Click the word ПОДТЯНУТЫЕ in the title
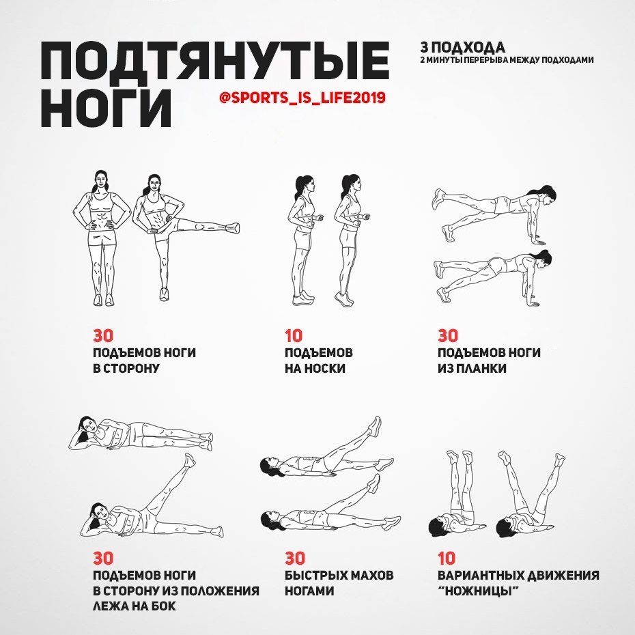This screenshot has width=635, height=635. pos(215,61)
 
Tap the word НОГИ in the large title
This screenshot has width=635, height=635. pos(106,107)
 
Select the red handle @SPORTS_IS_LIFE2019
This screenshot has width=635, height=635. pos(302,98)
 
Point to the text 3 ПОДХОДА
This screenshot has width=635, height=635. pos(462,48)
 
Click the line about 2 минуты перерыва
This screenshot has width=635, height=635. pos(507,60)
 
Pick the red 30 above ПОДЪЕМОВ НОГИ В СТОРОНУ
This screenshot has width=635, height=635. pos(103,336)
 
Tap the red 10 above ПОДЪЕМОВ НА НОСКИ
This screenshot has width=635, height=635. pos(294,336)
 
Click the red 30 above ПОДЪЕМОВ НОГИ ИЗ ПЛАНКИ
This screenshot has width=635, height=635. pos(448,336)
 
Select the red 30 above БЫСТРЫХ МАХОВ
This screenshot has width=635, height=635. pos(295,559)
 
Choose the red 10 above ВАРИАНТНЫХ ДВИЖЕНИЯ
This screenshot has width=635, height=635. pos(447,559)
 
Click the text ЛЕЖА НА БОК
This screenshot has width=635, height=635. pos(135,606)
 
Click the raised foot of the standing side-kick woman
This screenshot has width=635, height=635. pos(232,227)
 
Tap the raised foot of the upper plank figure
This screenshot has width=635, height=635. pos(439,199)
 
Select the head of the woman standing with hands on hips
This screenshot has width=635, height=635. pos(102,180)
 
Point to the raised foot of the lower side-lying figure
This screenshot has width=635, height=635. pos(189,460)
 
